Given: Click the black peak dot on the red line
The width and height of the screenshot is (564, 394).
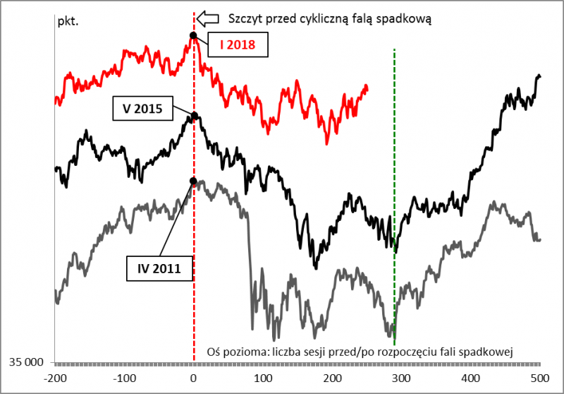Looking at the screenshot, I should click(193, 35).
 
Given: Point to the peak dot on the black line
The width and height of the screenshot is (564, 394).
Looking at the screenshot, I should click(193, 115).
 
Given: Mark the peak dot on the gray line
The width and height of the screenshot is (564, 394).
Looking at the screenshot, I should click(193, 181).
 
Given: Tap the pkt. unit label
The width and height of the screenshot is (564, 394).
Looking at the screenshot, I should click(68, 20).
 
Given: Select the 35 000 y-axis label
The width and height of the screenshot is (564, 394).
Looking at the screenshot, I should click(26, 363).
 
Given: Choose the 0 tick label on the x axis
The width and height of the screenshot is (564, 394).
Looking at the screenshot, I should click(194, 377).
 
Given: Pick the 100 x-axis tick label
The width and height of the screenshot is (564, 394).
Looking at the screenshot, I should click(262, 377).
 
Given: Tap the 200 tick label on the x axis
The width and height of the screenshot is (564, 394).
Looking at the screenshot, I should click(331, 377).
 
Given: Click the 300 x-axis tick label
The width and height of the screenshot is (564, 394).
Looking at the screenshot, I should click(400, 377).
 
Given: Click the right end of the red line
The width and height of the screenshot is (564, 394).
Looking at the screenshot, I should click(367, 88).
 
